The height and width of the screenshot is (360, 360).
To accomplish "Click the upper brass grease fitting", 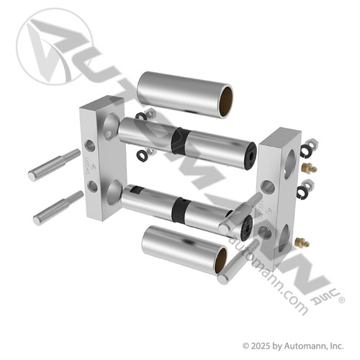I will (x=310, y=168).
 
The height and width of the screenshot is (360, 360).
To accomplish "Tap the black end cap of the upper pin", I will (x=250, y=153).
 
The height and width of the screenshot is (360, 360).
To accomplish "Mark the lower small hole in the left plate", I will (x=91, y=186).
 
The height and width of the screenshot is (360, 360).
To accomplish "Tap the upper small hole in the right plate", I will (x=269, y=187).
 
